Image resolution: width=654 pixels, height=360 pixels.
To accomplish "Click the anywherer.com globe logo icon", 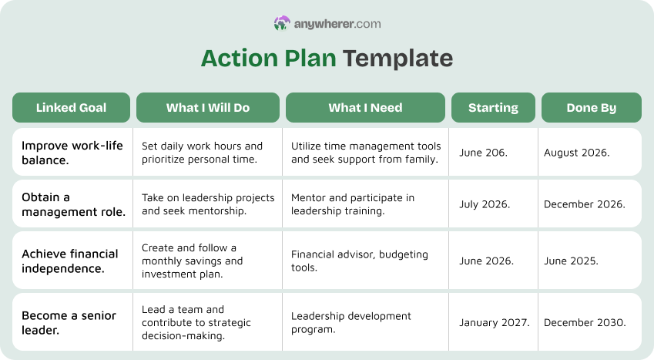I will (282, 24).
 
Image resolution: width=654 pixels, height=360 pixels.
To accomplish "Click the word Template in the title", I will (397, 59).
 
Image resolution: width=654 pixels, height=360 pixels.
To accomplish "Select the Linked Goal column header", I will (72, 108).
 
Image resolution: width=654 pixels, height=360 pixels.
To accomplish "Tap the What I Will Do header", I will (208, 108).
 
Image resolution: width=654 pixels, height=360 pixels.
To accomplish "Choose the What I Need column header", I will (365, 108).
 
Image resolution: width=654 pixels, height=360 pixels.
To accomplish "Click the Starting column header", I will (493, 108).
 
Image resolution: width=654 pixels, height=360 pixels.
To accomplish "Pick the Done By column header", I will (591, 108).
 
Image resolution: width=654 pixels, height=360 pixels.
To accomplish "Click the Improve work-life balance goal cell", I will (72, 153).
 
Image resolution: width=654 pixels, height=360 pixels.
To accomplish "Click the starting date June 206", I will (483, 153).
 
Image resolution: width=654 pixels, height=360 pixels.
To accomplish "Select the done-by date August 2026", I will (576, 153).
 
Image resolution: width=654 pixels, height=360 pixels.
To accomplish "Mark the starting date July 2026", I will (485, 204).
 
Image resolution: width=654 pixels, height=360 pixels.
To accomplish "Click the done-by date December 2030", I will (584, 322).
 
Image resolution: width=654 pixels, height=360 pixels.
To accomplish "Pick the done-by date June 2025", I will (571, 261).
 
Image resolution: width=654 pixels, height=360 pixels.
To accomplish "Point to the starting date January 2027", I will (494, 322).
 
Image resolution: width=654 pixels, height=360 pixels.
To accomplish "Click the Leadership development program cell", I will (351, 322).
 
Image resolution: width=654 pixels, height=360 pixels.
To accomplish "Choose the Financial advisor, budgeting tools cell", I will (360, 261).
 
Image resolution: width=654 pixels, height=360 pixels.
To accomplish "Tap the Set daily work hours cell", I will (202, 153).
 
